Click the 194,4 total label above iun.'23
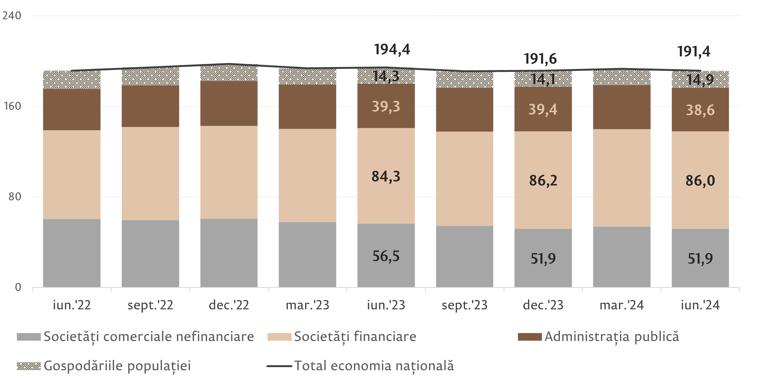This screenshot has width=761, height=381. pos(392,50)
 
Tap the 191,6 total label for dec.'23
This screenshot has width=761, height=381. pos(540,59)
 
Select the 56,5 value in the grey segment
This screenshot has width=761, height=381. pos(386,256)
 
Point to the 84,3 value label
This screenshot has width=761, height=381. pos(386,176)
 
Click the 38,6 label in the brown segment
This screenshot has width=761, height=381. pos(700,110)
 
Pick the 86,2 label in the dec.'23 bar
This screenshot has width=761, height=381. pos(543,180)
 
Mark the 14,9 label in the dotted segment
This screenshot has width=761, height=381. pos(700,80)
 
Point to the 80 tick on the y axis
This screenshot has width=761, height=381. pos(15,197)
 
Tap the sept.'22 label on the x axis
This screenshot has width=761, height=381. pos(150,305)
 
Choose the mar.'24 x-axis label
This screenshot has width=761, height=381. pos(622,305)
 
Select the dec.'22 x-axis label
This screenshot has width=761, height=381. pos(229,305)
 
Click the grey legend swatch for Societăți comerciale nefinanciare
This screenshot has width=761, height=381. pos(29,337)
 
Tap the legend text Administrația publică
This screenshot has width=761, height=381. pos(612,336)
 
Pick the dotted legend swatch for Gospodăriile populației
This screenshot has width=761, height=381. pos(29,366)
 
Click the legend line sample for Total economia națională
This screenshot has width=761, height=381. pos(279,366)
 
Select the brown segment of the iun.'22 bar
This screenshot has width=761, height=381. pos(72,109)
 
